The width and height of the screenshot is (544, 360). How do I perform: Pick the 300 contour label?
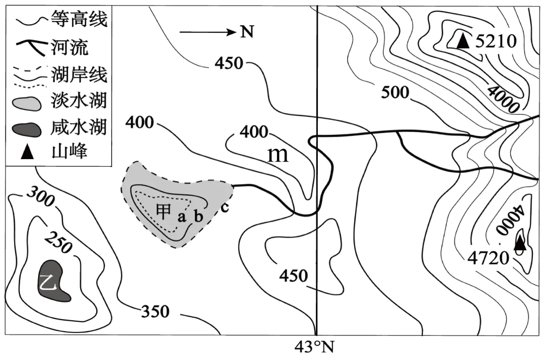coord(40,197)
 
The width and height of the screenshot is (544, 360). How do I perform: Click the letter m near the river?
coord(278,155)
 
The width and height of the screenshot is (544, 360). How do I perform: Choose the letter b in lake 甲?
coord(198,217)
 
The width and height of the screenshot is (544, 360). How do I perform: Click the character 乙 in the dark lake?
coord(48,283)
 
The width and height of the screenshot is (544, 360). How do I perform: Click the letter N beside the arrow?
coord(246,33)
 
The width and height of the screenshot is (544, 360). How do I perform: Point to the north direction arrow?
coord(207,33)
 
